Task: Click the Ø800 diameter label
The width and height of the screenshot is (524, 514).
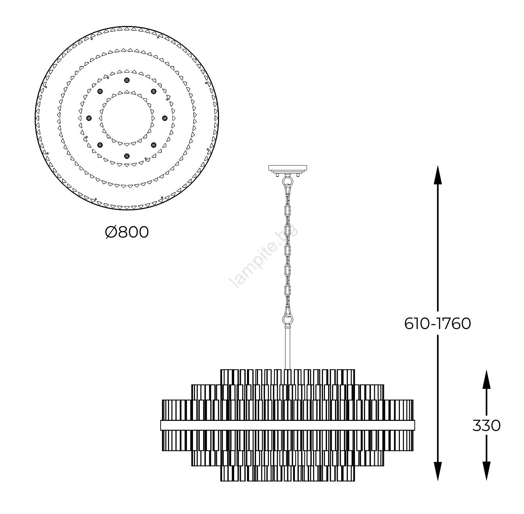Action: (127, 232)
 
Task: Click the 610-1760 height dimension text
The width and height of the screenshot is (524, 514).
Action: (437, 324)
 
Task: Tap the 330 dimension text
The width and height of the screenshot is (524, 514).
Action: (486, 426)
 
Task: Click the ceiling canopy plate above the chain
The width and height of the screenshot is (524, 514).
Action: (287, 168)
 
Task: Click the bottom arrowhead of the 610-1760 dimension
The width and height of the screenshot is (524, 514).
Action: (438, 471)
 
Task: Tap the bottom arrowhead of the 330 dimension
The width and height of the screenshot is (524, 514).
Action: (486, 471)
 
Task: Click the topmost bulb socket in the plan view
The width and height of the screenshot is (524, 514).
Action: (127, 80)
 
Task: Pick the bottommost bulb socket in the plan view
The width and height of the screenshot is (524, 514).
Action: (127, 156)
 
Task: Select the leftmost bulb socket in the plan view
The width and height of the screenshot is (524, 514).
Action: (89, 118)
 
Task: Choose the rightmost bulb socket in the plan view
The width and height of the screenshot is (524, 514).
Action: (165, 118)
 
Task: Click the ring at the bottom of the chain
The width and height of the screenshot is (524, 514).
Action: (287, 319)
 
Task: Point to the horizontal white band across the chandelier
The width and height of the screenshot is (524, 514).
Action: (287, 425)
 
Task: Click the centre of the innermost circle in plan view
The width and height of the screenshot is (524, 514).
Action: (127, 118)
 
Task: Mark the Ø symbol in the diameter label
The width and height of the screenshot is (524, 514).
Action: (111, 232)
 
